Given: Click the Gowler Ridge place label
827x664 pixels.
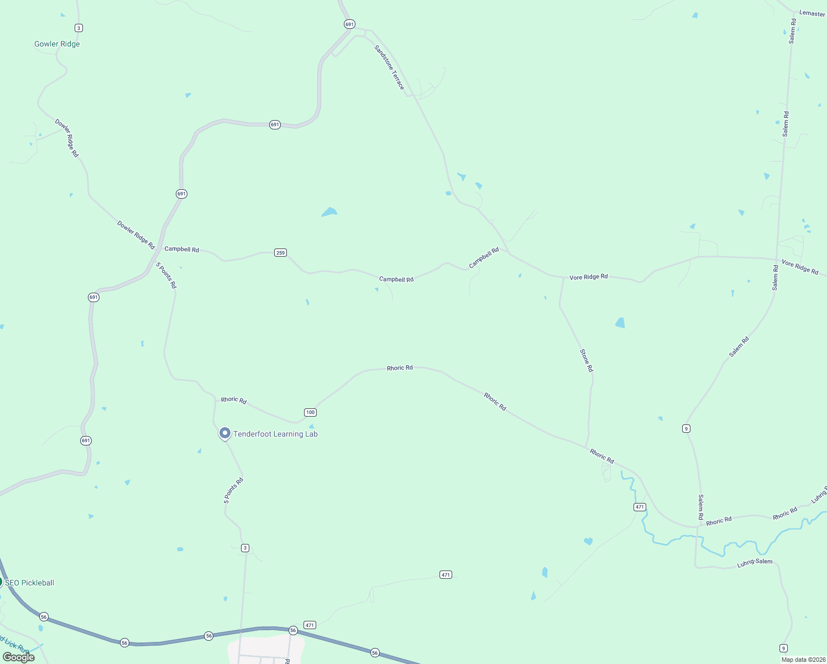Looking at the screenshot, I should (x=57, y=44).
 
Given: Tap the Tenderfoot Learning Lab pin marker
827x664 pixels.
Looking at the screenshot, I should (x=225, y=433).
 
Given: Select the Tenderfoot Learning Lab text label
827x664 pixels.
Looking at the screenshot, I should (x=275, y=434).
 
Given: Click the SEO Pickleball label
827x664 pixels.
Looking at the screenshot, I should (x=30, y=583).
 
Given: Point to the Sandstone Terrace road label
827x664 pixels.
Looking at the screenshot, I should (x=389, y=68).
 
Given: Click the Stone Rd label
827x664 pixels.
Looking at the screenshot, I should (x=586, y=360).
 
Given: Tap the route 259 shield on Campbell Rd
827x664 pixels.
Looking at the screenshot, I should (x=280, y=253).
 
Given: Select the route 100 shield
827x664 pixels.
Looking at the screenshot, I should (x=310, y=412).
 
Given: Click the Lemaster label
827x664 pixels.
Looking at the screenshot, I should (x=812, y=13).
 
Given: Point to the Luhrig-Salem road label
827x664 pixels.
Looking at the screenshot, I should (x=755, y=562).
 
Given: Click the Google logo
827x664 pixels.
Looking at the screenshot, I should (x=19, y=657).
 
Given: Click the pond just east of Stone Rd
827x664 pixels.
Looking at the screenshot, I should (x=620, y=323).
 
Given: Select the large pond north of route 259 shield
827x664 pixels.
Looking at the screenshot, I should (x=329, y=212).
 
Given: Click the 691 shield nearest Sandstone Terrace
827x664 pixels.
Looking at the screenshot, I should (x=349, y=24).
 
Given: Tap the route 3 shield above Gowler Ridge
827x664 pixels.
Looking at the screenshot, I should (x=78, y=28).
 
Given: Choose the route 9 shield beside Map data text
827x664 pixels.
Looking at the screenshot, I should (x=783, y=648).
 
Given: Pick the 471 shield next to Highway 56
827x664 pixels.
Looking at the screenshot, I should (x=310, y=625).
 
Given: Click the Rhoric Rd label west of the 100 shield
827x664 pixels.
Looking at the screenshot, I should (x=234, y=400).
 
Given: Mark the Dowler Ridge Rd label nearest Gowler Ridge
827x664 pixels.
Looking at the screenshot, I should (x=67, y=138).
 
